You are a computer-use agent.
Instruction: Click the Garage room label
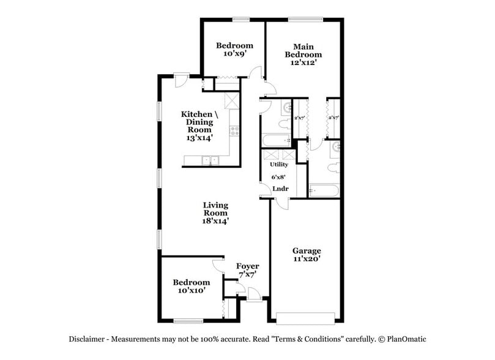click(x=307, y=250)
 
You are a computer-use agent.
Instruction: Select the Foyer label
click(x=248, y=266)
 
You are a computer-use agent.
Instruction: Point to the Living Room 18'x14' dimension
click(x=215, y=221)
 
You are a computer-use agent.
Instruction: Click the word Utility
click(x=279, y=165)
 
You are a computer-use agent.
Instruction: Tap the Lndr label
click(x=280, y=189)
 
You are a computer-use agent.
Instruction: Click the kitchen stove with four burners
click(x=234, y=130)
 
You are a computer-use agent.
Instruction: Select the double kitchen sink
click(x=210, y=161)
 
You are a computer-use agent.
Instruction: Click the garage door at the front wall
click(x=305, y=318)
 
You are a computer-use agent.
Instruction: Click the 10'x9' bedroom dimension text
click(x=234, y=54)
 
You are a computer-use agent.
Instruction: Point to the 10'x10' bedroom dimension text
click(x=191, y=291)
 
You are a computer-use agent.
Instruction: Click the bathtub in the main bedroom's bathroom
click(x=323, y=192)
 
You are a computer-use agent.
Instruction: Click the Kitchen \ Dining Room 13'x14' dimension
click(x=196, y=138)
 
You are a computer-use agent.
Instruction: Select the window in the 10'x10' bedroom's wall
click(x=188, y=321)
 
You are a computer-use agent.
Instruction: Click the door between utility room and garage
click(x=279, y=203)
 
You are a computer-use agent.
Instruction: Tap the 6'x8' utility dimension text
click(x=279, y=177)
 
